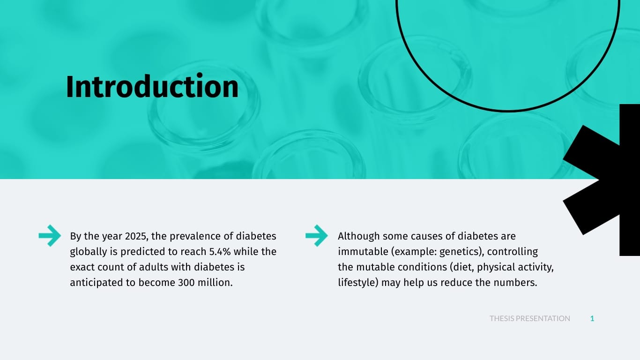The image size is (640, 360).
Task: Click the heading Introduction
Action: tap(152, 86)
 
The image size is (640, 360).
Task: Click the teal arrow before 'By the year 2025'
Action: tap(50, 236)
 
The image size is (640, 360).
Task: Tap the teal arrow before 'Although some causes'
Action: tap(317, 236)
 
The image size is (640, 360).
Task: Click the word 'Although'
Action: tap(358, 236)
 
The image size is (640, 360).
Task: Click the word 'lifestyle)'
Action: tap(358, 283)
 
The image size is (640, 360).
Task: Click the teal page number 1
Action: tap(592, 319)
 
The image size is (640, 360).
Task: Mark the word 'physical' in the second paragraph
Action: tap(496, 268)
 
